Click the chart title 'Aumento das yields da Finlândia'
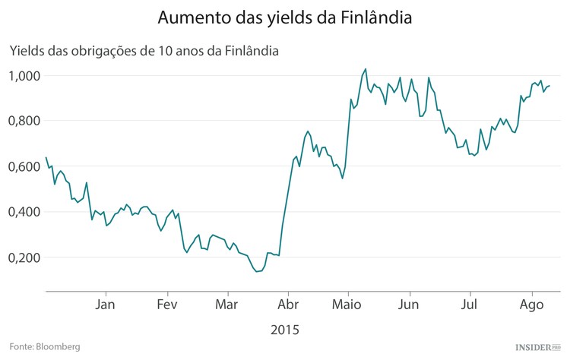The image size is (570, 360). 285,17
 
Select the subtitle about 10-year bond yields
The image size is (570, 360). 144,52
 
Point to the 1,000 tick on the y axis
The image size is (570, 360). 25,76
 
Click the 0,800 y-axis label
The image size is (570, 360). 25,121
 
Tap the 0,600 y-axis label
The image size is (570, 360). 25,166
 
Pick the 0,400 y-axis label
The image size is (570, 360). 25,212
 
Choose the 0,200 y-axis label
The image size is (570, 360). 25,257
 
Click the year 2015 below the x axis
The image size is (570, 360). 285,330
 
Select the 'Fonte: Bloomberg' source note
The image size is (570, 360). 45,346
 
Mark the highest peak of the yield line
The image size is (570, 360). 366,69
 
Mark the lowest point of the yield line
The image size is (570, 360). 256,271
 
